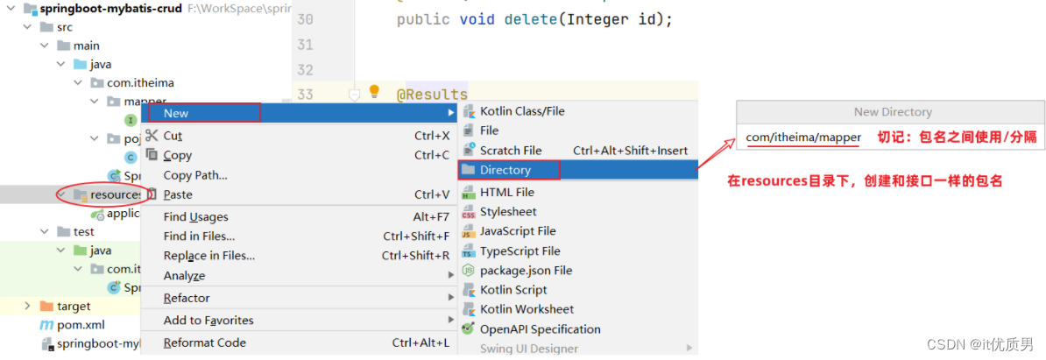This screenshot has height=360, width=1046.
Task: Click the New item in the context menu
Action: coord(176,113)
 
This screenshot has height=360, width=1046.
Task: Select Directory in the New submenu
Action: coord(505,170)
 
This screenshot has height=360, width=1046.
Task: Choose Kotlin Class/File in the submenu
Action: coord(522,111)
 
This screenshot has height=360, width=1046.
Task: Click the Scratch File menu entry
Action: coord(511,151)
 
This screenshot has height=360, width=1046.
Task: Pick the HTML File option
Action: coord(506,192)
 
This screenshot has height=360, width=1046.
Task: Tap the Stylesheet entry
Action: coord(508,211)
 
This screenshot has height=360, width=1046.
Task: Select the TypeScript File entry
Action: coord(519,251)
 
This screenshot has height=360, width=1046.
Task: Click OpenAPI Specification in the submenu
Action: coord(540,329)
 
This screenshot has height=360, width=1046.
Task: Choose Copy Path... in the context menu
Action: coord(195,175)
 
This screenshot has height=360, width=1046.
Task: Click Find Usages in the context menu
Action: coord(195,216)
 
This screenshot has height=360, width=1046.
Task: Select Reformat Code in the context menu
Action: coord(204,342)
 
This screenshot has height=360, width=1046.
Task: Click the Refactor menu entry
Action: coord(187,298)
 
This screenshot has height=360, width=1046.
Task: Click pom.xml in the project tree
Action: coord(81,325)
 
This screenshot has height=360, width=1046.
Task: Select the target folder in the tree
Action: coord(74,306)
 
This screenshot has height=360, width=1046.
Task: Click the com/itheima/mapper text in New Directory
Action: coord(803,138)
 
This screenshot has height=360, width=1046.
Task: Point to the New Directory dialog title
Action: coord(893,112)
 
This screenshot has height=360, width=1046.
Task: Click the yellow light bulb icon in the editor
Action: coord(374,91)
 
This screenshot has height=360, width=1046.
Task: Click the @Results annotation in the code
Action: coord(433,95)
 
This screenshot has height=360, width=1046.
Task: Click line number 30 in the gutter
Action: coord(305,19)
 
